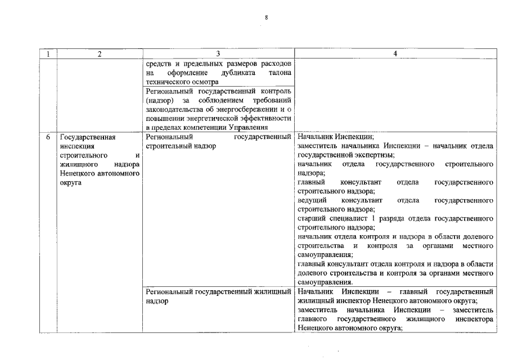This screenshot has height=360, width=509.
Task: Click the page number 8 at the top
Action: pos(267,18)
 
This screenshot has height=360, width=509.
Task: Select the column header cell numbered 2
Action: pos(100,54)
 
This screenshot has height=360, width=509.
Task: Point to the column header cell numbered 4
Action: pos(395,54)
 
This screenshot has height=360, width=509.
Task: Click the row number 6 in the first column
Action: pos(48,137)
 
